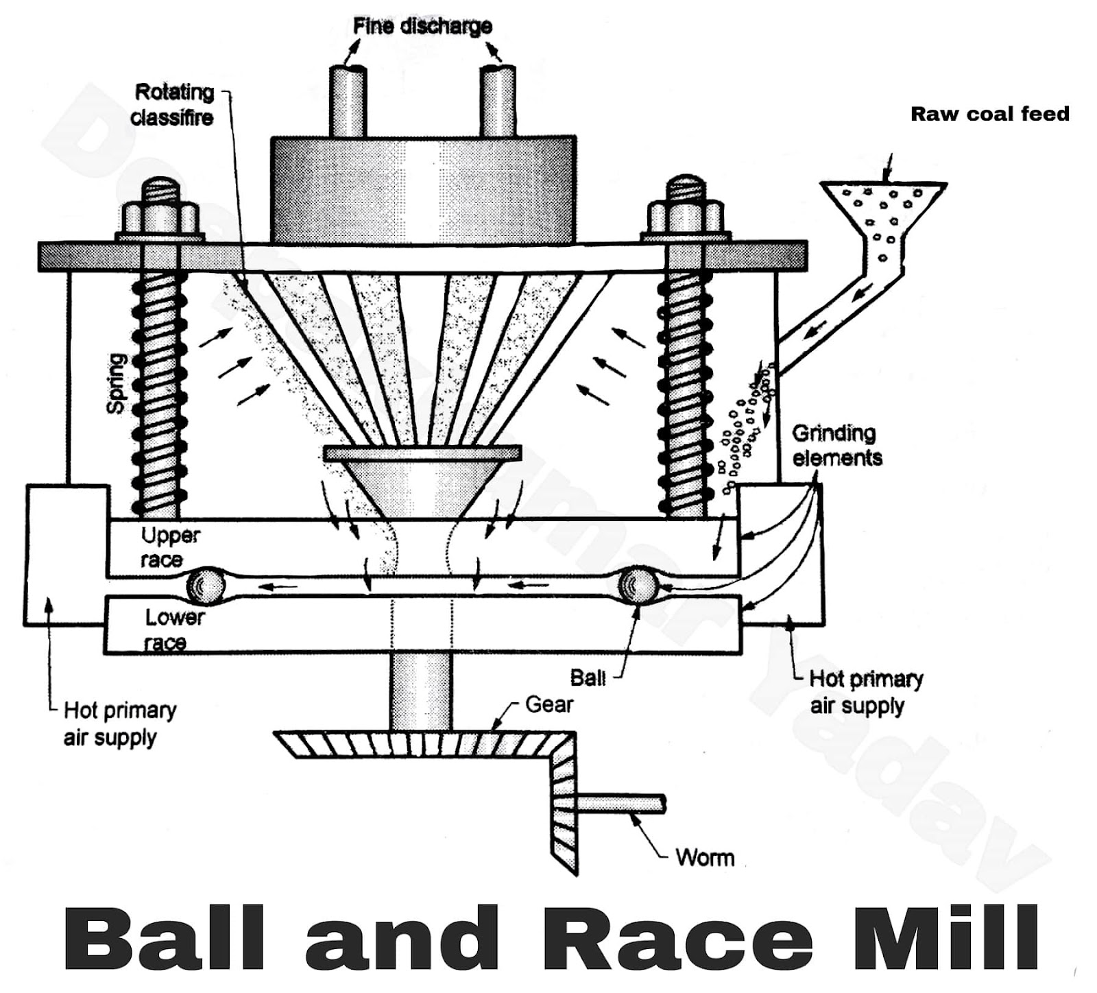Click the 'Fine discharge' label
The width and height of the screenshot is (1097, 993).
(422, 26)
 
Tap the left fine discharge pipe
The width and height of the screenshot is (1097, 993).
(348, 103)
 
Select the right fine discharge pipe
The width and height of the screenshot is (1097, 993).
(498, 103)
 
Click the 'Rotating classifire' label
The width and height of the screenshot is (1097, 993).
(173, 105)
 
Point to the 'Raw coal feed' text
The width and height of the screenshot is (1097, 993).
(989, 114)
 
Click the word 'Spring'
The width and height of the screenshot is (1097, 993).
(117, 383)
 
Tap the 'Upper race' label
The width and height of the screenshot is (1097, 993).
(169, 547)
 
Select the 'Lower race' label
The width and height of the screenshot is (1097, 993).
(173, 630)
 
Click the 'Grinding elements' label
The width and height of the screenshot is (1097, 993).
(836, 445)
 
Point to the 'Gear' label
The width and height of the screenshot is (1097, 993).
(548, 704)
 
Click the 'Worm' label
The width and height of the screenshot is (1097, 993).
(704, 858)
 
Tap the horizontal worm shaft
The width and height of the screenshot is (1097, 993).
(620, 804)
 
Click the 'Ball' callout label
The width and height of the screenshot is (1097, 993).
(588, 678)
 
